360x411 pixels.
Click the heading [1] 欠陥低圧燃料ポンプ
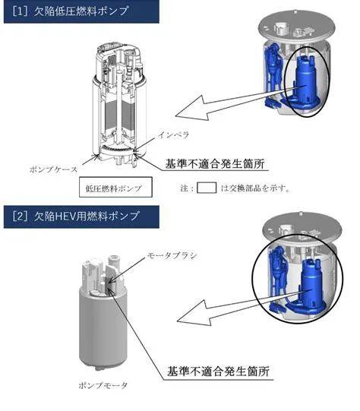(x=71, y=11)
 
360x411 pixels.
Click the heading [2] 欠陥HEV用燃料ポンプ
(x=75, y=217)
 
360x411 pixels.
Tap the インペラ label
(x=173, y=135)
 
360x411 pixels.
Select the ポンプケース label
(x=53, y=169)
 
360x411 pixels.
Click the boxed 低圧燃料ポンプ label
(x=115, y=187)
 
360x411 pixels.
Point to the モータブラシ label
(x=172, y=255)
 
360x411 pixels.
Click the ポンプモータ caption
(x=103, y=385)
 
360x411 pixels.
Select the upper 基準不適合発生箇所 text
(x=215, y=164)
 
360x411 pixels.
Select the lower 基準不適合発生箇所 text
(x=218, y=371)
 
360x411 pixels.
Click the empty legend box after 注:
(x=207, y=188)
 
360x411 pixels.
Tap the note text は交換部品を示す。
(x=255, y=188)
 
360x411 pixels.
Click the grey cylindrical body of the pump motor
(x=103, y=327)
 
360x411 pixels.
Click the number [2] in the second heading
(x=20, y=217)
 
